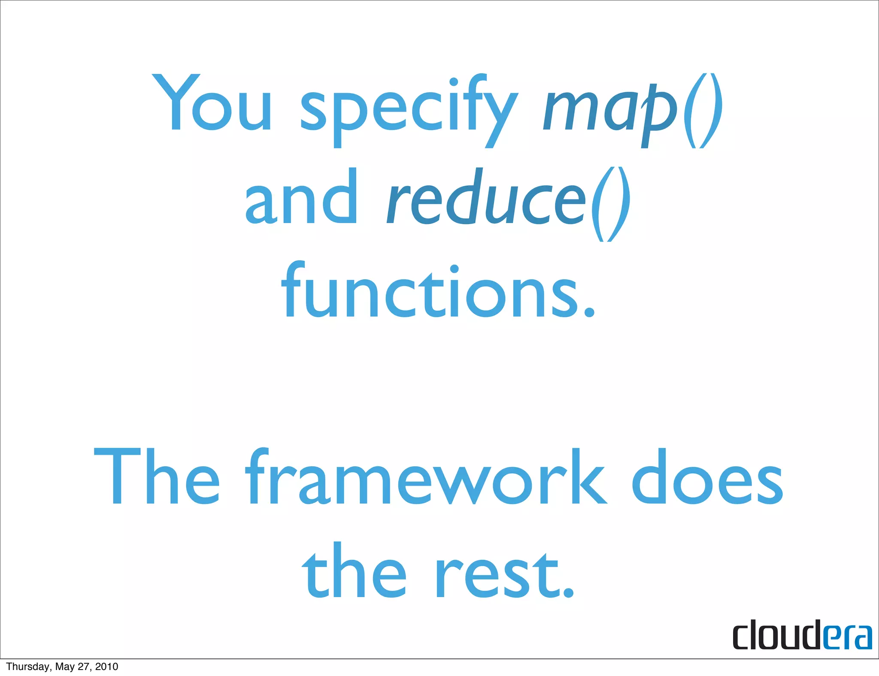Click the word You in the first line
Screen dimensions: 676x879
[x=212, y=103]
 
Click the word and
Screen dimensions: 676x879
[x=301, y=197]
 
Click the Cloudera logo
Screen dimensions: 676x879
[x=802, y=634]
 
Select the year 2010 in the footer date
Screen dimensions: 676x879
[x=106, y=667]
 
